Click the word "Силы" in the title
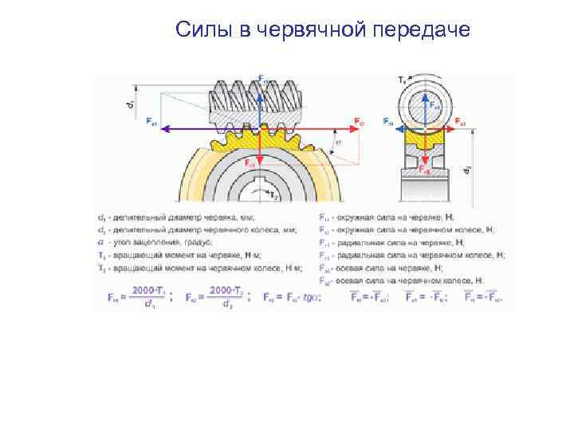pyautogui.click(x=203, y=30)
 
